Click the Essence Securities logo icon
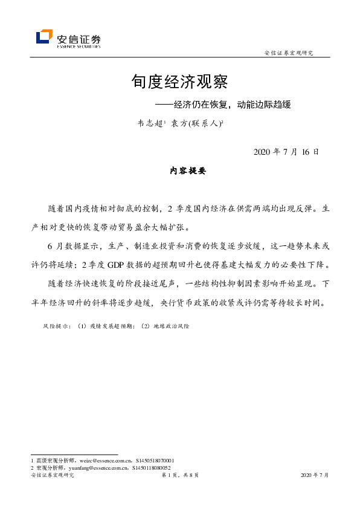[x=44, y=37]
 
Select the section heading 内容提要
[x=188, y=172]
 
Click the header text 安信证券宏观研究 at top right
[x=289, y=53]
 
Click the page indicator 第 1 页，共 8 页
[x=180, y=476]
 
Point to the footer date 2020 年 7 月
[x=314, y=476]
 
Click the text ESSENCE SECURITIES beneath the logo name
[x=79, y=46]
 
